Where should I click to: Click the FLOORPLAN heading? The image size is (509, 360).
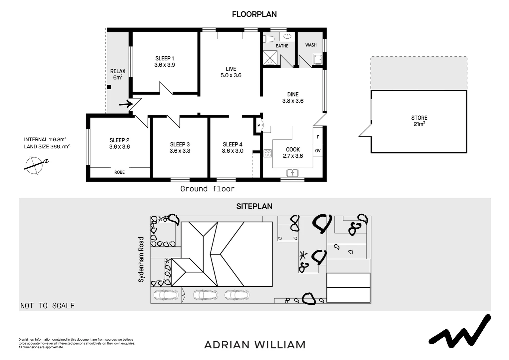pyautogui.click(x=254, y=14)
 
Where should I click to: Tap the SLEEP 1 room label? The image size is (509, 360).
pyautogui.click(x=165, y=58)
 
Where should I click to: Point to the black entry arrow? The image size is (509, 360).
pyautogui.click(x=126, y=104)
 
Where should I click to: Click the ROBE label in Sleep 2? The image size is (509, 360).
pyautogui.click(x=120, y=172)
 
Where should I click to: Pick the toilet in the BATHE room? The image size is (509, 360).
pyautogui.click(x=268, y=39)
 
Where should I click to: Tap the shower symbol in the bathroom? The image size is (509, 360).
pyautogui.click(x=270, y=58)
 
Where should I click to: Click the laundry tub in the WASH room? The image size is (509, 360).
pyautogui.click(x=317, y=60)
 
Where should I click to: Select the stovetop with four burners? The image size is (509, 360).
pyautogui.click(x=268, y=153)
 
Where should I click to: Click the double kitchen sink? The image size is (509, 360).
pyautogui.click(x=292, y=173)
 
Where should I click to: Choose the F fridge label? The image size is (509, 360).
pyautogui.click(x=318, y=137)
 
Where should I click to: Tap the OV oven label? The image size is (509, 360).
pyautogui.click(x=318, y=151)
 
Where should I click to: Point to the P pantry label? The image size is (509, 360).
pyautogui.click(x=258, y=125)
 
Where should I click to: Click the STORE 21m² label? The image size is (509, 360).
pyautogui.click(x=419, y=121)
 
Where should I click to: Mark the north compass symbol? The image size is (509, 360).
pyautogui.click(x=35, y=165)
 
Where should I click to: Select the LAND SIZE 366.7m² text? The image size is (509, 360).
pyautogui.click(x=47, y=147)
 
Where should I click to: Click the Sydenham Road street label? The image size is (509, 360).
pyautogui.click(x=141, y=259)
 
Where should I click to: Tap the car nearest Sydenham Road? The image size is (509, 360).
pyautogui.click(x=166, y=295)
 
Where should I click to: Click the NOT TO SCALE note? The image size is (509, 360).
pyautogui.click(x=48, y=306)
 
